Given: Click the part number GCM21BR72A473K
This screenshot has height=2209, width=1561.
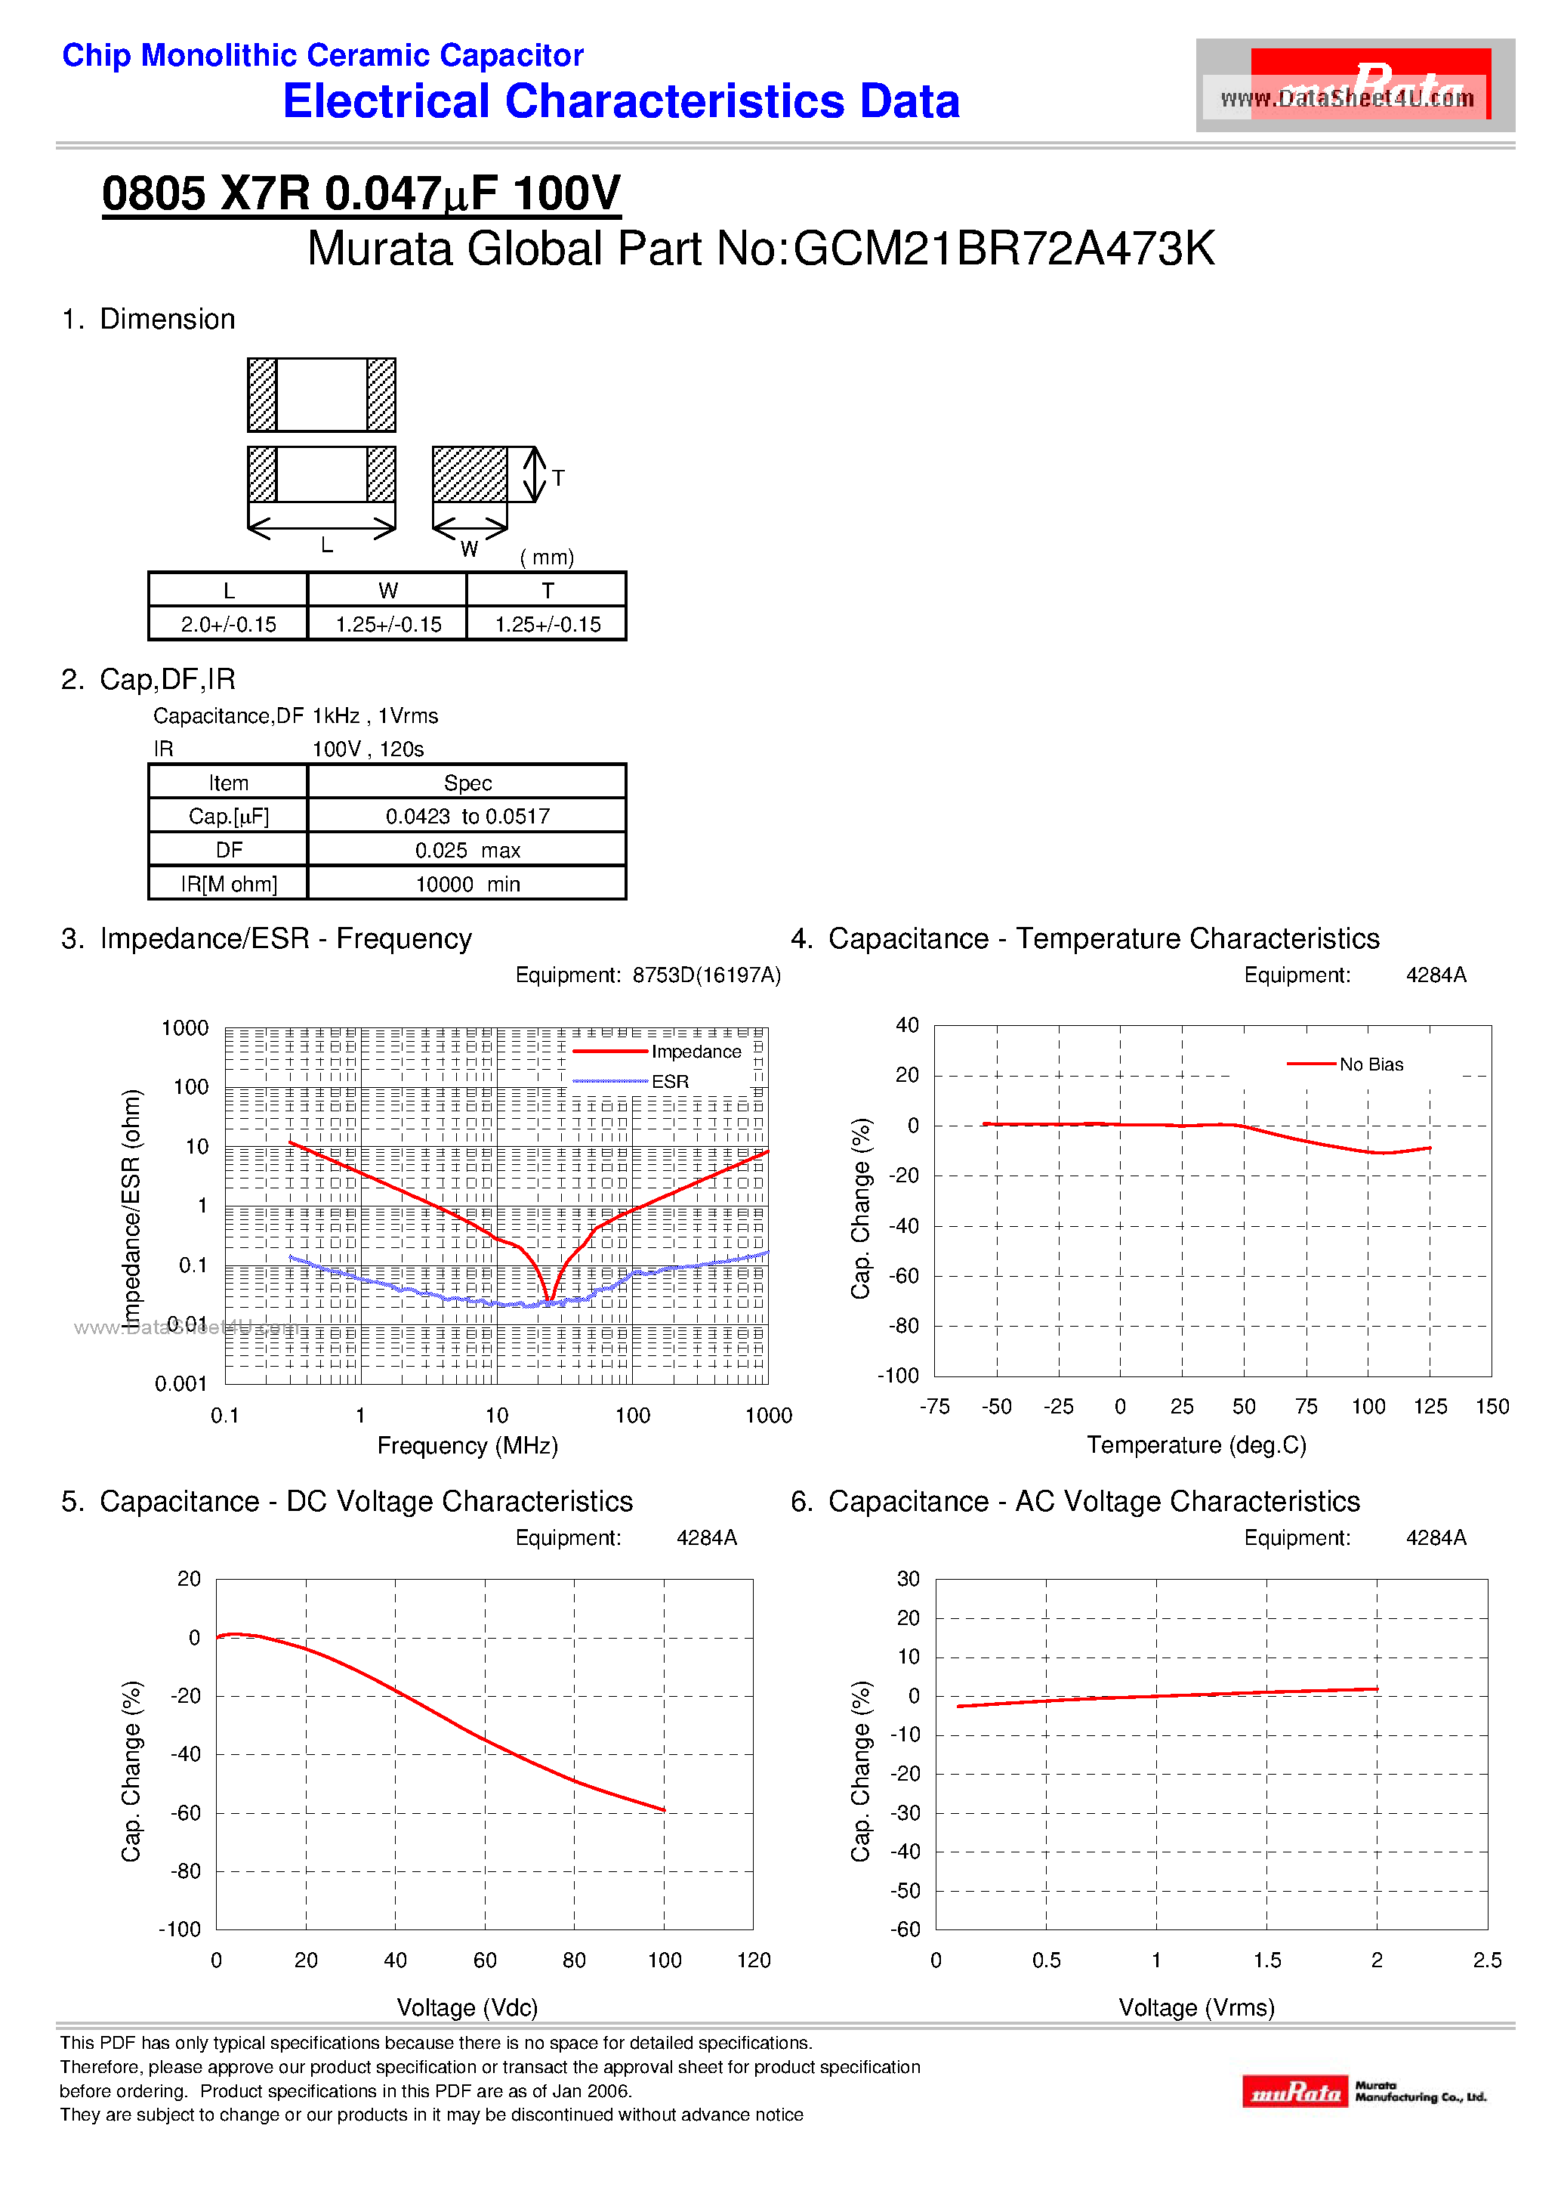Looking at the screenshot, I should click(x=1004, y=249).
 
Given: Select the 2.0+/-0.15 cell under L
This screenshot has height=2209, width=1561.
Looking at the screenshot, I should click(x=228, y=625).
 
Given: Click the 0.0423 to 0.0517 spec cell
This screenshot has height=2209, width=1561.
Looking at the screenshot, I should click(x=467, y=817).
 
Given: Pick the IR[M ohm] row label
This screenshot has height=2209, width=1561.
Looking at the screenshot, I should click(x=228, y=884).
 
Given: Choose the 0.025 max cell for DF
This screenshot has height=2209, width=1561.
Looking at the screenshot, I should click(x=467, y=851).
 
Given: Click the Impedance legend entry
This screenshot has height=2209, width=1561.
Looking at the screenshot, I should click(x=696, y=1052).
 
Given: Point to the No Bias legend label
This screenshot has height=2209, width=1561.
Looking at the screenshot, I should click(x=1371, y=1064).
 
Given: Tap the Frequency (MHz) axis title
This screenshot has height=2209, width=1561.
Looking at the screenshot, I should click(x=467, y=1445).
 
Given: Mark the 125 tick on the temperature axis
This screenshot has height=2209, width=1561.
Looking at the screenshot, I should click(x=1430, y=1407).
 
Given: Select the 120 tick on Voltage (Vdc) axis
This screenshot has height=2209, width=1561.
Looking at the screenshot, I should click(x=753, y=1960).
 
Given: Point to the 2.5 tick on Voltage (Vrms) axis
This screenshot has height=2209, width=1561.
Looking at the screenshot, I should click(x=1486, y=1960).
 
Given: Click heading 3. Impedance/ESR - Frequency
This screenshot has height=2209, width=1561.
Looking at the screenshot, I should click(x=267, y=938).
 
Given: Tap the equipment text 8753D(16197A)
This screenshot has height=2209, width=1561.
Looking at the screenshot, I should click(x=706, y=975).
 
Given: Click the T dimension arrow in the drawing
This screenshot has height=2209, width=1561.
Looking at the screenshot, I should click(x=535, y=474).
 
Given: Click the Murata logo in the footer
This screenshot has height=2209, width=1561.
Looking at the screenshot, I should click(x=1294, y=2092).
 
